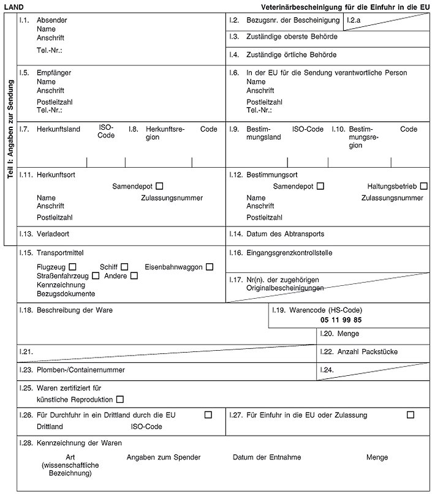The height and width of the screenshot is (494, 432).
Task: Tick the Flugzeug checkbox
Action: pyautogui.click(x=73, y=267)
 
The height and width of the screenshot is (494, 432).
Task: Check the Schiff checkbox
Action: pyautogui.click(x=124, y=267)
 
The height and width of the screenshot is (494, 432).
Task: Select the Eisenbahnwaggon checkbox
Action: pyautogui.click(x=210, y=267)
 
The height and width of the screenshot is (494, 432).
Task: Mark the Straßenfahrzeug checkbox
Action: pyautogui.click(x=96, y=276)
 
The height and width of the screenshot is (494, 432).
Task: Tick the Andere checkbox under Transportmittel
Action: pyautogui.click(x=134, y=276)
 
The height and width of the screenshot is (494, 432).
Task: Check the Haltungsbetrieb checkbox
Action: pyautogui.click(x=424, y=185)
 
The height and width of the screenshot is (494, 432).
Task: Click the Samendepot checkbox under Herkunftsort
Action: pyautogui.click(x=159, y=185)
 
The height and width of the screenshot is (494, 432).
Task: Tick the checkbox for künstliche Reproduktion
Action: pyautogui.click(x=119, y=400)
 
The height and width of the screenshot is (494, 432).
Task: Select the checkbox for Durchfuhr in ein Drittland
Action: pyautogui.click(x=208, y=415)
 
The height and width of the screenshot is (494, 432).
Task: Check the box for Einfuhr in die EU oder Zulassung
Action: pyautogui.click(x=410, y=415)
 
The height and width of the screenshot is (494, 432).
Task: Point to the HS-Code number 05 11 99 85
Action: pyautogui.click(x=341, y=320)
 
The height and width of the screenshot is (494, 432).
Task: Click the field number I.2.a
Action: pyautogui.click(x=354, y=20)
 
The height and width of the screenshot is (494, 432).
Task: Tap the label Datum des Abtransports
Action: pyautogui.click(x=285, y=234)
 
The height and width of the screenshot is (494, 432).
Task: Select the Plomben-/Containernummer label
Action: pyautogui.click(x=81, y=370)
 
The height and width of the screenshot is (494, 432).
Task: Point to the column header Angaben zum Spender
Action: pyautogui.click(x=164, y=457)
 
